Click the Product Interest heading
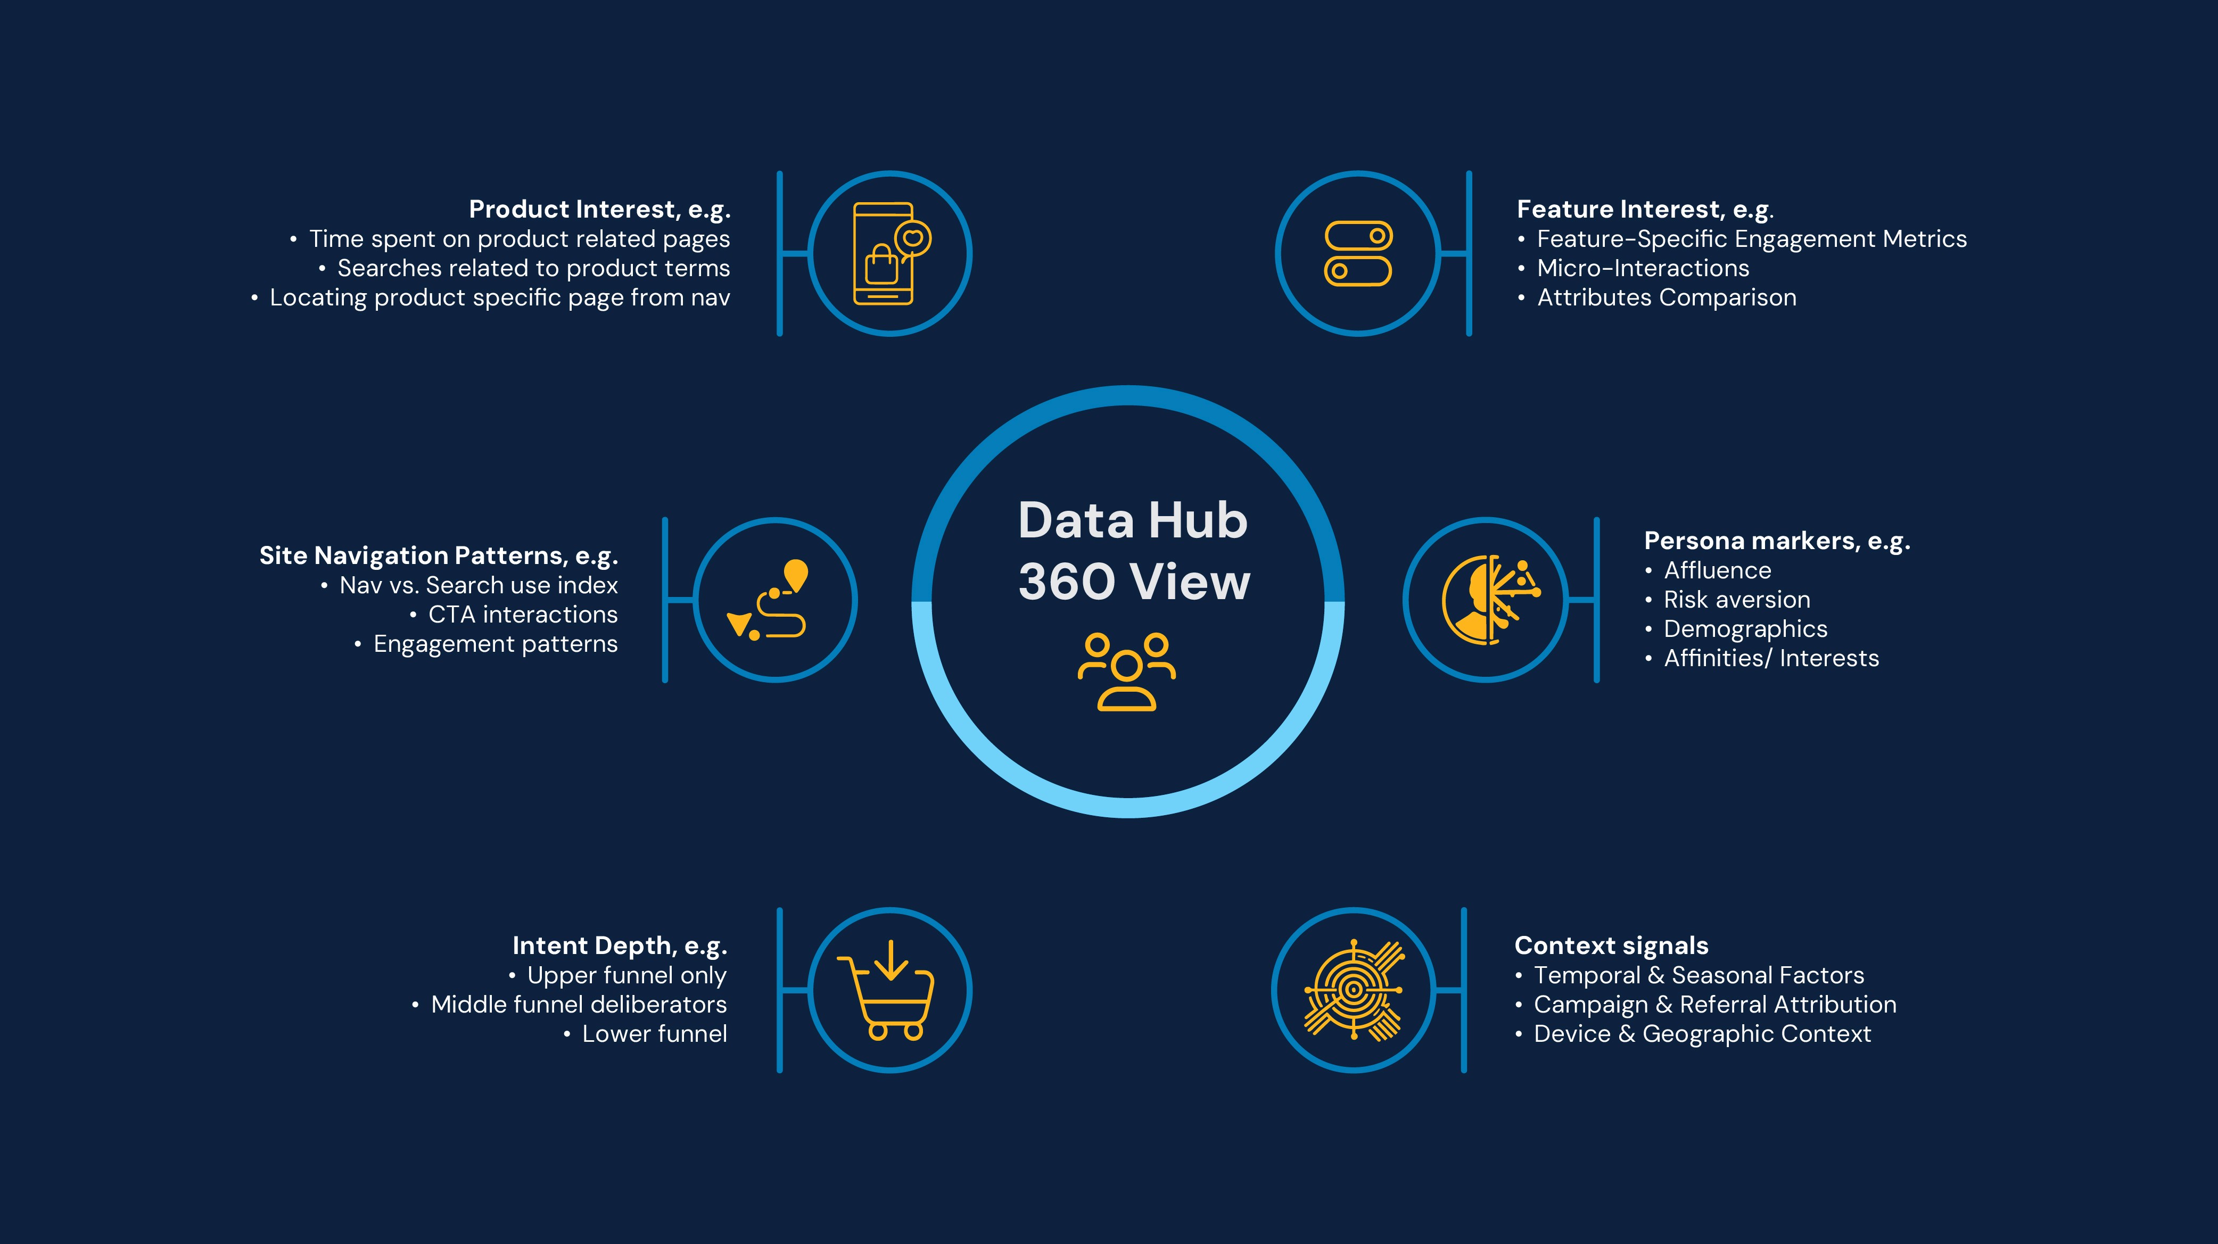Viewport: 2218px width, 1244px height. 599,209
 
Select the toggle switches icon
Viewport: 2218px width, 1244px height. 1358,253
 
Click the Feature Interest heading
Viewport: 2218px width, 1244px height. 1645,209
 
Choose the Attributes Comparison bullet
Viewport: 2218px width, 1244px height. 1666,298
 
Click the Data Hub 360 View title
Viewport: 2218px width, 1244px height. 1133,551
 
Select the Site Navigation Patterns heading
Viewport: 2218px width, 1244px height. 438,556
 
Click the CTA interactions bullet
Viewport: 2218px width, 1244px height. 523,615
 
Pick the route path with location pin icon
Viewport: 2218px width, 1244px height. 771,600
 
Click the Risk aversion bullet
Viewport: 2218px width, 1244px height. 1736,600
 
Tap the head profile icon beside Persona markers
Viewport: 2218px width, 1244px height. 1488,600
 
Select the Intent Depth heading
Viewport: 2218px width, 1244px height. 619,946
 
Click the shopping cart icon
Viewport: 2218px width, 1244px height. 887,990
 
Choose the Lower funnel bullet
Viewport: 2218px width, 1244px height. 654,1034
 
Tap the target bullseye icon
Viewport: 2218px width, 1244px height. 1354,990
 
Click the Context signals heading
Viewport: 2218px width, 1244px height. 1611,946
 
